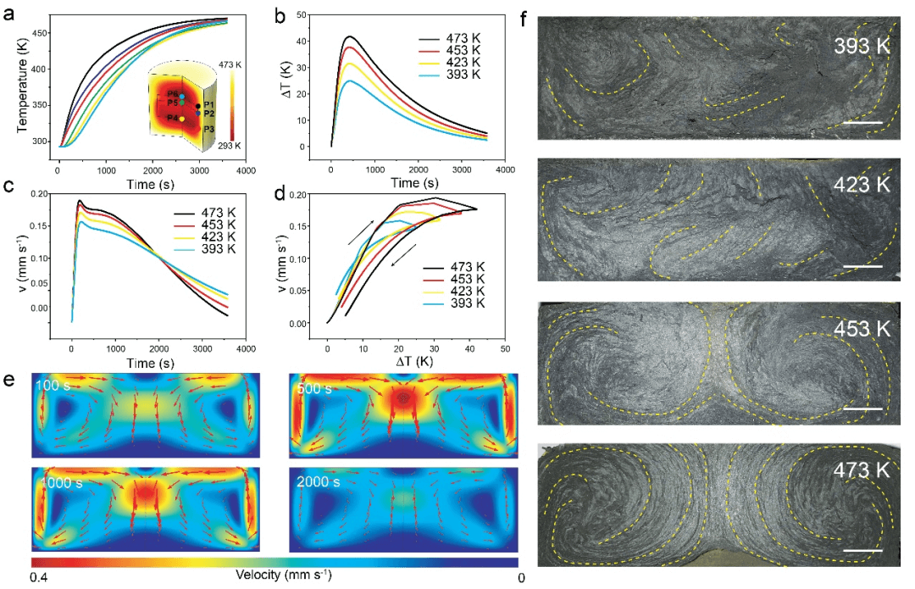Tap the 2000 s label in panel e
[319, 481]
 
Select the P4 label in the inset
[172, 117]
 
